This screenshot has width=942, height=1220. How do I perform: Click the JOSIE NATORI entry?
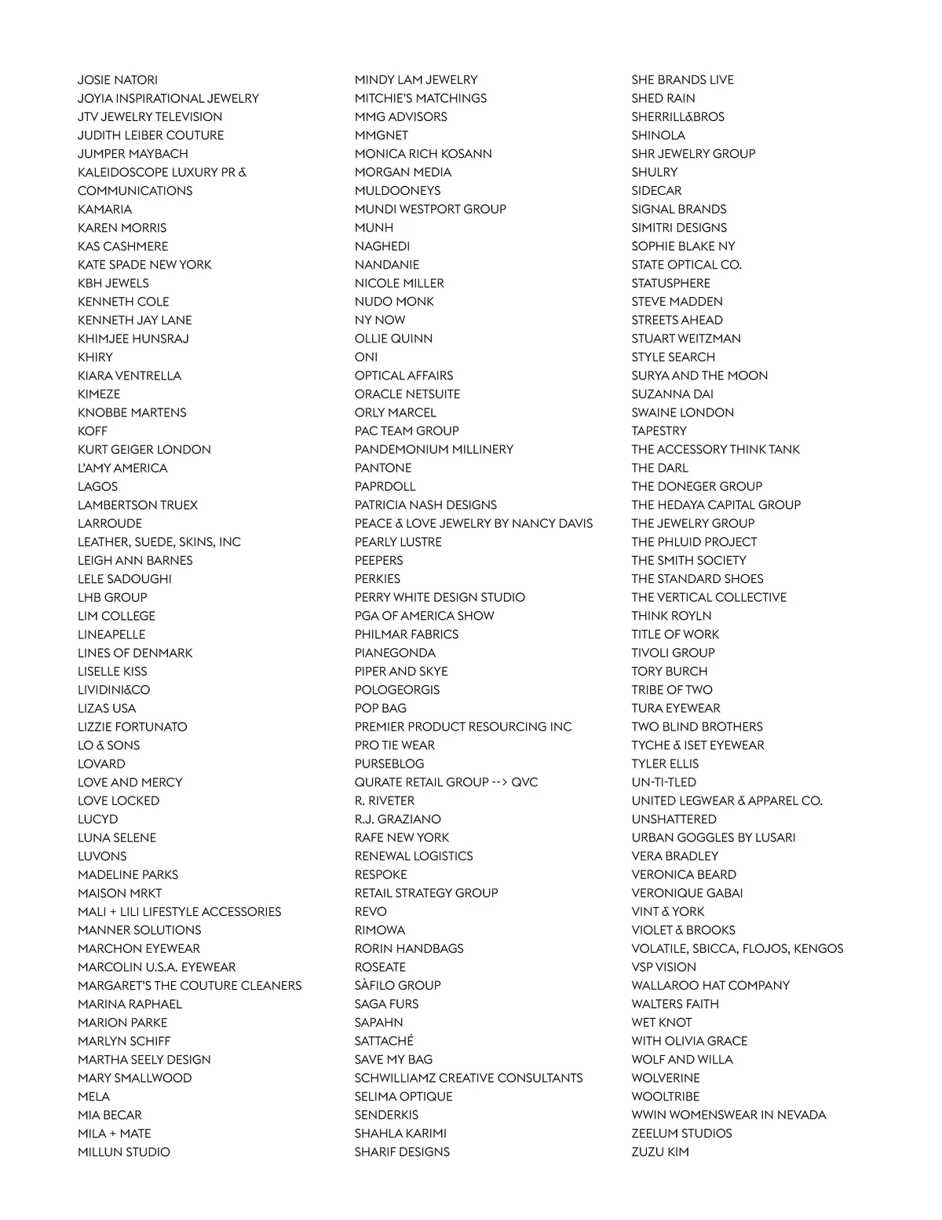[x=118, y=80]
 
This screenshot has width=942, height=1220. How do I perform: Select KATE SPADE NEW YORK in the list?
[x=144, y=265]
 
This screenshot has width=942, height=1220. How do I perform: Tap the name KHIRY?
[x=95, y=357]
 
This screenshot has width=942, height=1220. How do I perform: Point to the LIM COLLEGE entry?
[x=116, y=616]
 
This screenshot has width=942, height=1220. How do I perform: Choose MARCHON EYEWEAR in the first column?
[x=139, y=949]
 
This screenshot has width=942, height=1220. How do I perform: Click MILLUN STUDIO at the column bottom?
[x=123, y=1152]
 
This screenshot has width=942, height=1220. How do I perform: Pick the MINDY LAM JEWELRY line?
[x=416, y=80]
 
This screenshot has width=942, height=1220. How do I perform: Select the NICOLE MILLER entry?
[x=399, y=284]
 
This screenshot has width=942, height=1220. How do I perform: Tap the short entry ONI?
[x=366, y=357]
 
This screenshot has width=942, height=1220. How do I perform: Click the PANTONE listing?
[x=383, y=468]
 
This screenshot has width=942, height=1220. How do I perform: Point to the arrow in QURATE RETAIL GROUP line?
[x=499, y=782]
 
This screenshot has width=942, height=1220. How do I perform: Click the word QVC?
[x=524, y=782]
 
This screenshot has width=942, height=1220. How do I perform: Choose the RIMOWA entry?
[x=380, y=930]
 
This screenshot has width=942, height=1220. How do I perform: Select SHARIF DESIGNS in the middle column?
[x=402, y=1152]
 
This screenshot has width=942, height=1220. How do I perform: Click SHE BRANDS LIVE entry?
[x=683, y=80]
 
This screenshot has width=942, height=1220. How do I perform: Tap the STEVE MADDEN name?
[x=677, y=302]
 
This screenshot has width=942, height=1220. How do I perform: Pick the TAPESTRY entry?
[x=659, y=431]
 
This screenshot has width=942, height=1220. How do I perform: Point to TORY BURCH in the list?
[x=670, y=672]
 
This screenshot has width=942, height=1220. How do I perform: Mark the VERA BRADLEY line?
[x=675, y=856]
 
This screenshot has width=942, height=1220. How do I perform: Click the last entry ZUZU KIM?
[x=660, y=1152]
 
